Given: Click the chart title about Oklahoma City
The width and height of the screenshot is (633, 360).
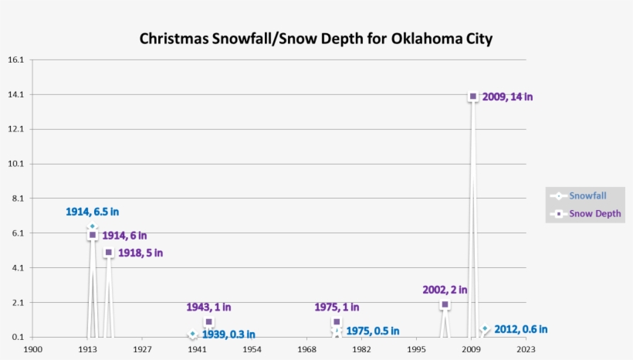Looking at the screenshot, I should (x=316, y=39).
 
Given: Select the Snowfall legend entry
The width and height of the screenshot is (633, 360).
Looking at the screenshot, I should (x=587, y=195).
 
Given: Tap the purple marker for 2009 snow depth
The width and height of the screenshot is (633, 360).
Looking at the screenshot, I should (x=473, y=97).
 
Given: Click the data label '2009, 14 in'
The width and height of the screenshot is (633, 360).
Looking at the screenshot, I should (x=507, y=97).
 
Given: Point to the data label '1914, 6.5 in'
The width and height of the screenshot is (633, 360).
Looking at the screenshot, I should (x=92, y=212).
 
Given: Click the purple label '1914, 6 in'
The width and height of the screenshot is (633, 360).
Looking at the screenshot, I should (x=124, y=236).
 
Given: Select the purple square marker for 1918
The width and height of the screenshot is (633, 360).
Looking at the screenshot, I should (x=109, y=253).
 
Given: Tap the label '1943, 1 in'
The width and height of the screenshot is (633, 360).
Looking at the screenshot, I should (x=208, y=307).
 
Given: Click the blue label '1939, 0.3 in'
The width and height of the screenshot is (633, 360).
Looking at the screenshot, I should (x=228, y=335).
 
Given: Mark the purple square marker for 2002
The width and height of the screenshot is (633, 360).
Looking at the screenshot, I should (x=445, y=304).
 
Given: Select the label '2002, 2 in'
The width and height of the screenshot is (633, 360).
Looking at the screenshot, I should (x=445, y=290).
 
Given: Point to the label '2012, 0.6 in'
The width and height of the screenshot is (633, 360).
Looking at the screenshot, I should (x=520, y=329).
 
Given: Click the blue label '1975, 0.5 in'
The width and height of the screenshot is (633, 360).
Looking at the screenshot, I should (x=372, y=331).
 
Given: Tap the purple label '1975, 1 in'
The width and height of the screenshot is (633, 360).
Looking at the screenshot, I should (x=337, y=307).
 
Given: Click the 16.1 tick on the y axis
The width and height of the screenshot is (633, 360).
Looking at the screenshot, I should (x=15, y=59).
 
